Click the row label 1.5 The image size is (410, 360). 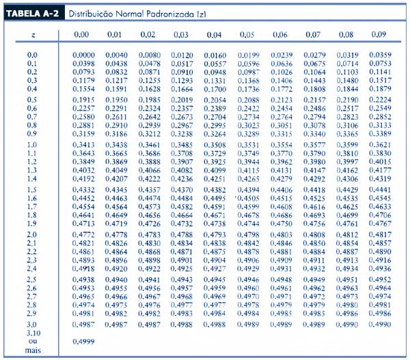(32, 189)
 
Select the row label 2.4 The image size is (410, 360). (32, 269)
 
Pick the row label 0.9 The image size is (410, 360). (32, 134)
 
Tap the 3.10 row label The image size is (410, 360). (33, 333)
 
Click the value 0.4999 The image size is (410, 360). (83, 341)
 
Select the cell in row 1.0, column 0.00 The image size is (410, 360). (83, 146)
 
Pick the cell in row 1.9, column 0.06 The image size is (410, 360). (281, 223)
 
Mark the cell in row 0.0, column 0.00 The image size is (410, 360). (83, 55)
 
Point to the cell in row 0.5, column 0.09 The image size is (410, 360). (380, 100)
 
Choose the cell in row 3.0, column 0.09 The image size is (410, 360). (380, 325)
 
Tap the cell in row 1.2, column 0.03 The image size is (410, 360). (181, 162)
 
